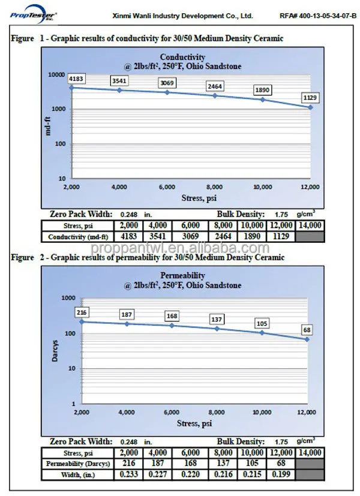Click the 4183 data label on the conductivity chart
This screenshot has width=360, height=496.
point(76,79)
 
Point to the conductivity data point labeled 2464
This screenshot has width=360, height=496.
point(215,95)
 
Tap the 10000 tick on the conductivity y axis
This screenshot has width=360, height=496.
point(58,74)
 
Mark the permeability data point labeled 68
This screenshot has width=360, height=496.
point(307,339)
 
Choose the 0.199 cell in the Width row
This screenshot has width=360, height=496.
point(281,475)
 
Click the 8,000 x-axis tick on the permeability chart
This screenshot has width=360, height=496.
point(217,413)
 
